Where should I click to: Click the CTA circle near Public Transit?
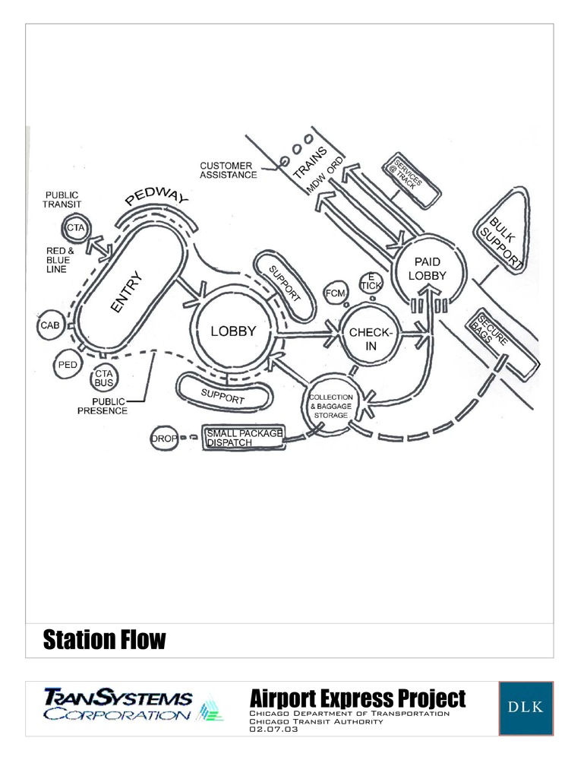(x=74, y=227)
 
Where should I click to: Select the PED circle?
(x=66, y=366)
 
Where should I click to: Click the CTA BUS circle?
(x=103, y=378)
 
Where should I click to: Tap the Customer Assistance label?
(x=228, y=169)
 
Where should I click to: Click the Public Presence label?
(x=103, y=406)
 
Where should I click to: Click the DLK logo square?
(x=525, y=708)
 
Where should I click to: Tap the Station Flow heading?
(x=104, y=640)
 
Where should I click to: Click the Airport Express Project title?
(x=357, y=698)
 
